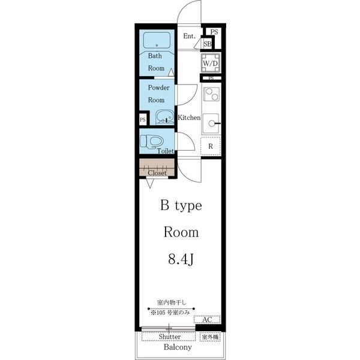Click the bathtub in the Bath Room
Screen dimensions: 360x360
[157, 40]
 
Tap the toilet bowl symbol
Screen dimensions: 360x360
[152, 141]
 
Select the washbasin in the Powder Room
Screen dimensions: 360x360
[164, 118]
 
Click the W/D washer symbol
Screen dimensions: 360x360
[210, 63]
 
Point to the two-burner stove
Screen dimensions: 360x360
[211, 94]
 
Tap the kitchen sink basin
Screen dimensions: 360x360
[211, 124]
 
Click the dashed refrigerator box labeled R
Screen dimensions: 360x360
[211, 146]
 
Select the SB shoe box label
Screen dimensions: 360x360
[208, 44]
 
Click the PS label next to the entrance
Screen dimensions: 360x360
[214, 32]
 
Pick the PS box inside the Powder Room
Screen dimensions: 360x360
[143, 119]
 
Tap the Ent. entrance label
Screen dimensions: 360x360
[190, 36]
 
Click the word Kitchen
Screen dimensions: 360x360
[189, 118]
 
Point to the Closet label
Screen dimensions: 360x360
[157, 173]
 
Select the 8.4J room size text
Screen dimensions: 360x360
[181, 260]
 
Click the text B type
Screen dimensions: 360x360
[181, 205]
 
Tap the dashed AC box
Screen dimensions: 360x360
[207, 320]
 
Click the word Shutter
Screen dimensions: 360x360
[170, 337]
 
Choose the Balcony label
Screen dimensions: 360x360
[178, 347]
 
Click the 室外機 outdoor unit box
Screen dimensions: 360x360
[210, 337]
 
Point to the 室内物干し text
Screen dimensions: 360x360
[172, 302]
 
